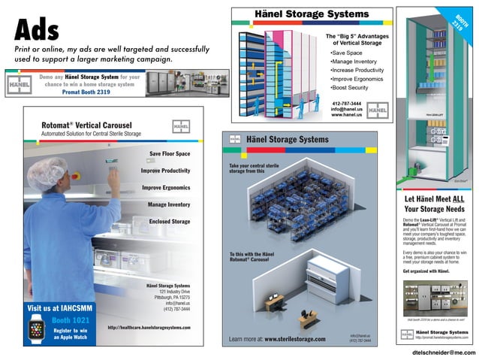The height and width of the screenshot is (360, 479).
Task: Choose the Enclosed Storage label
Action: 169,222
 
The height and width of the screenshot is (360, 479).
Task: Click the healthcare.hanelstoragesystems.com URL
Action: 149,328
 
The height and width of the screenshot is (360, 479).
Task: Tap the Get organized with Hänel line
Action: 426,270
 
